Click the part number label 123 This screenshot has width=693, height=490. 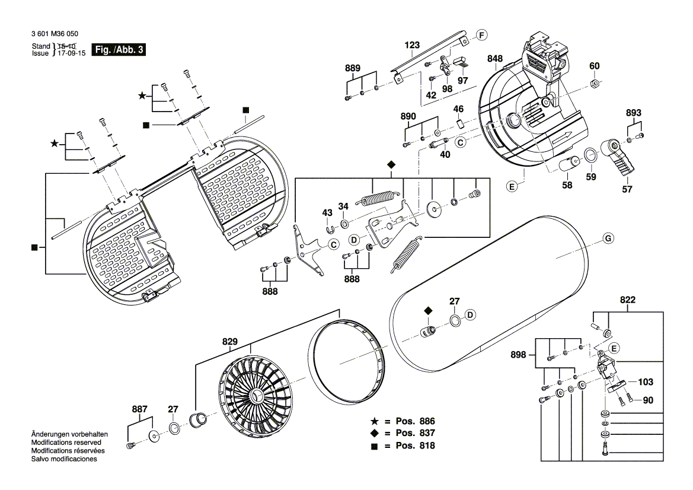click(412, 45)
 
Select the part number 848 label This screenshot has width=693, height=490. click(495, 58)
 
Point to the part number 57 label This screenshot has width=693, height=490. click(627, 189)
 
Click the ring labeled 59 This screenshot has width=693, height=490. click(591, 155)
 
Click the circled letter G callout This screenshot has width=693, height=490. click(608, 239)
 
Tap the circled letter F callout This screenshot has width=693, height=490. click(481, 36)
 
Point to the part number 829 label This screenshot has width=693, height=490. click(230, 341)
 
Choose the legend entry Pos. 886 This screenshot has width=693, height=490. click(403, 421)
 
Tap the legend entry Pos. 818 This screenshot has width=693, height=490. click(403, 446)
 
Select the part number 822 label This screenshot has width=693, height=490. click(628, 300)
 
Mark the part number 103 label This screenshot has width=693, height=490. click(646, 382)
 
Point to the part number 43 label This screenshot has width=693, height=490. click(327, 212)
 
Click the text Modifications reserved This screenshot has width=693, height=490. click(66, 443)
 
